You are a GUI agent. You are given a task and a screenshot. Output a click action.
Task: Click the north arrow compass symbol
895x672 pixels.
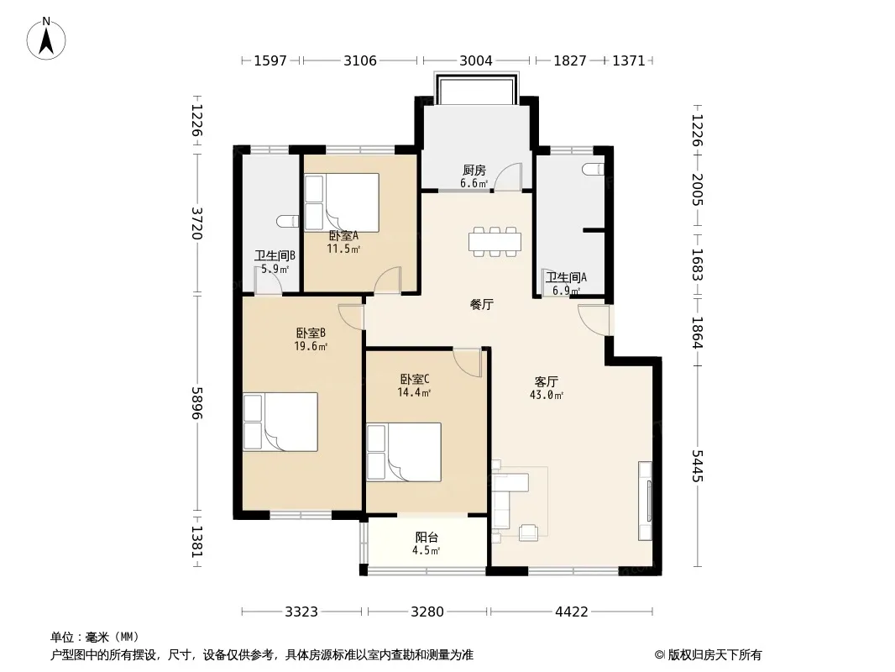[x=46, y=39]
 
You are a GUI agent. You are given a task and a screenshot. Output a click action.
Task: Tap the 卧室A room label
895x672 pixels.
[x=343, y=235]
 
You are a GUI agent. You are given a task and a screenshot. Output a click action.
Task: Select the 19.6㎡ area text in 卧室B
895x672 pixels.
[x=311, y=346]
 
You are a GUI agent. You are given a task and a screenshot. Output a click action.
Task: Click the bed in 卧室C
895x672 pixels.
[x=404, y=452]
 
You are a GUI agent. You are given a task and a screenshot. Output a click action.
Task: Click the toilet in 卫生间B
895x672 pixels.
[x=288, y=221]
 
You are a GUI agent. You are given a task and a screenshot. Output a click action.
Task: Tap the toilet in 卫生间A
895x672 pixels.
[x=594, y=169]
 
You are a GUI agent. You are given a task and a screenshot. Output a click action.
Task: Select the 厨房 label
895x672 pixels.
[x=474, y=171]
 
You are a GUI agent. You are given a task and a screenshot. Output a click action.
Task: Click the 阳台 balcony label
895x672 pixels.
[x=427, y=538]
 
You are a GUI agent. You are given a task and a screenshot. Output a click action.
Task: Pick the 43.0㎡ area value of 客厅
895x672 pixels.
[x=547, y=395]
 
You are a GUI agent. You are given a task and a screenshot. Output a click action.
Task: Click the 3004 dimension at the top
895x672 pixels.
[x=475, y=60]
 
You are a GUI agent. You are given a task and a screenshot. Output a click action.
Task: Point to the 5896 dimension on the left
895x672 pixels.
[x=197, y=402]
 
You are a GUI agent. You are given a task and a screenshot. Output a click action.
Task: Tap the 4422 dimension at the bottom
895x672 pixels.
[x=572, y=612]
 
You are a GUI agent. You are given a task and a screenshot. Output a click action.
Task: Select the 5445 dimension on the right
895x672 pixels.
[x=697, y=466]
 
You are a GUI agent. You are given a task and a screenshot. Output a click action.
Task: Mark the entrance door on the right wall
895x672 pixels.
[x=594, y=320]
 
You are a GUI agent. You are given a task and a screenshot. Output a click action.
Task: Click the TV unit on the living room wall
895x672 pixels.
[x=646, y=501]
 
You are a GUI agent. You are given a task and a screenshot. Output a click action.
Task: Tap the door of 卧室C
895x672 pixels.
[x=468, y=364]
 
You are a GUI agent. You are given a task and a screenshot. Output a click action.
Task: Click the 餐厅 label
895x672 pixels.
[x=481, y=304]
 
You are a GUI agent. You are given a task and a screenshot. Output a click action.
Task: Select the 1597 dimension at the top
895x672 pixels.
[x=270, y=60]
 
